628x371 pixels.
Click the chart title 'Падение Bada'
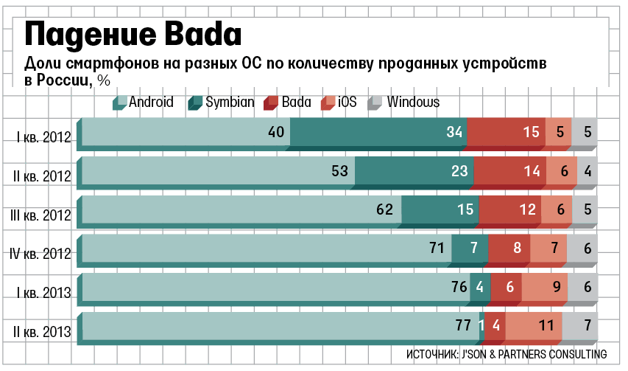[x=133, y=33]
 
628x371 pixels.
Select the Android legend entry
[x=144, y=103]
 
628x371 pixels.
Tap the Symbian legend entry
[x=222, y=103]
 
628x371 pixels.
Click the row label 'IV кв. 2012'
[x=41, y=254]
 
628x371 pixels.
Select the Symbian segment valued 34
[x=378, y=132]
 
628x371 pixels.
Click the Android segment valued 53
[x=218, y=171]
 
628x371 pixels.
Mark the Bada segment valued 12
[x=509, y=210]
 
